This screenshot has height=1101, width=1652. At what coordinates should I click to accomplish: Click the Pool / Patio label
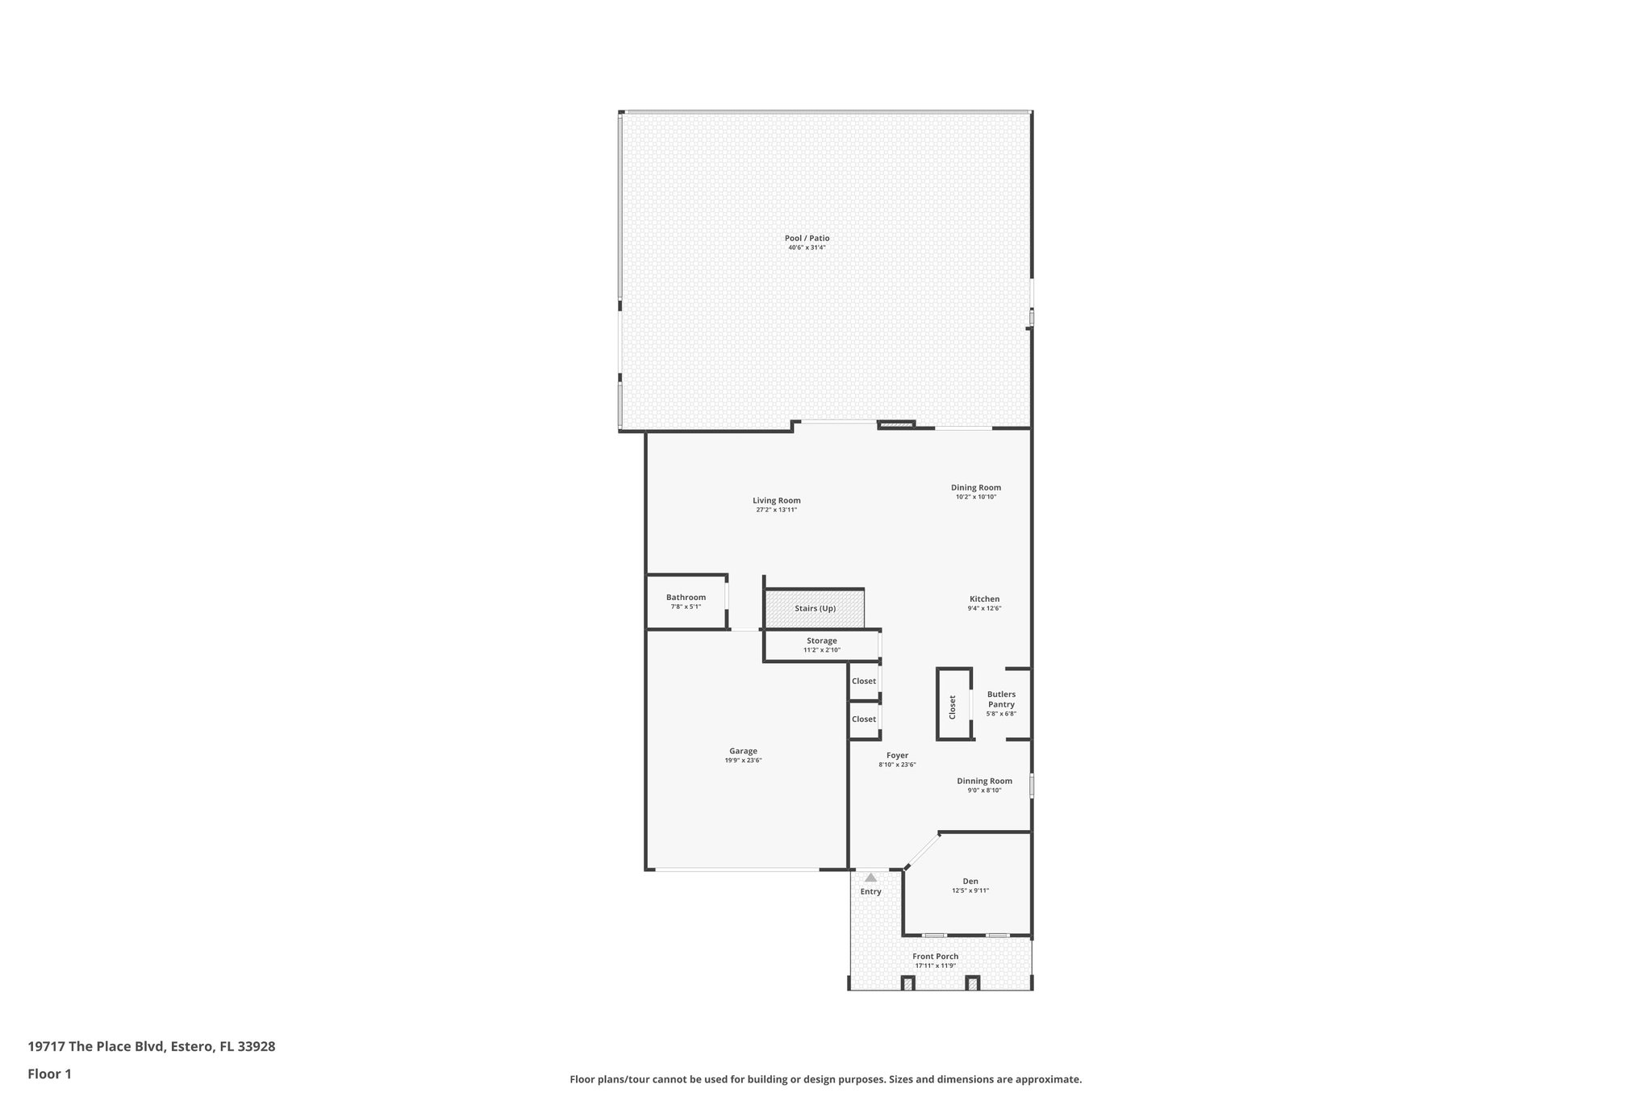(807, 238)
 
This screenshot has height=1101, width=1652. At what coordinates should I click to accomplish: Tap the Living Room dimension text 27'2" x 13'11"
(776, 510)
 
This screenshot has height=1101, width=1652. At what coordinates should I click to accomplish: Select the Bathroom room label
(686, 597)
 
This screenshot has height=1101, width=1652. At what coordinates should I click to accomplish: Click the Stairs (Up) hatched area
(815, 609)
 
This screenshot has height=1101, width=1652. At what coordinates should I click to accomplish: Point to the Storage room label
(821, 640)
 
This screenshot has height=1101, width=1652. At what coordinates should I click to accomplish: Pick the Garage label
(743, 751)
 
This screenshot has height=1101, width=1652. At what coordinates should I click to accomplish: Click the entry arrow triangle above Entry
(870, 877)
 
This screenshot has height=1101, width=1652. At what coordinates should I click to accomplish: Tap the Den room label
(970, 881)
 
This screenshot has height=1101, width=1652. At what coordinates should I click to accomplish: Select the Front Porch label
(936, 956)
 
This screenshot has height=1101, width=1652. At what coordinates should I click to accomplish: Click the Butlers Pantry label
(1001, 699)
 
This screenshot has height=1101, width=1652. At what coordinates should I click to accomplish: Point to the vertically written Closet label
(953, 707)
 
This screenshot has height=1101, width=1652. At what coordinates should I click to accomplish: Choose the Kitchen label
(984, 598)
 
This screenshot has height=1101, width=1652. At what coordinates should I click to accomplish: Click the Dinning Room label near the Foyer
(984, 781)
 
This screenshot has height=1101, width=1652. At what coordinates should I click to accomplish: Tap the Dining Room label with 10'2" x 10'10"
(975, 487)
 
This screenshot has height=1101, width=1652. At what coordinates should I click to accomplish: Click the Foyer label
(897, 755)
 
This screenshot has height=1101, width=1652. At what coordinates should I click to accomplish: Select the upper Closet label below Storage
(863, 681)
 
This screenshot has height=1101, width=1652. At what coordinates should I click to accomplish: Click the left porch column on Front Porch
(907, 982)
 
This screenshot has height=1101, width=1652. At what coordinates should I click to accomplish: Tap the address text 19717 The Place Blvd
(151, 1046)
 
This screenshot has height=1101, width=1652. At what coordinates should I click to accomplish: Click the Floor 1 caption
(49, 1074)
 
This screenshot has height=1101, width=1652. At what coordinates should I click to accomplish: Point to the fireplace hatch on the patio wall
(896, 424)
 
